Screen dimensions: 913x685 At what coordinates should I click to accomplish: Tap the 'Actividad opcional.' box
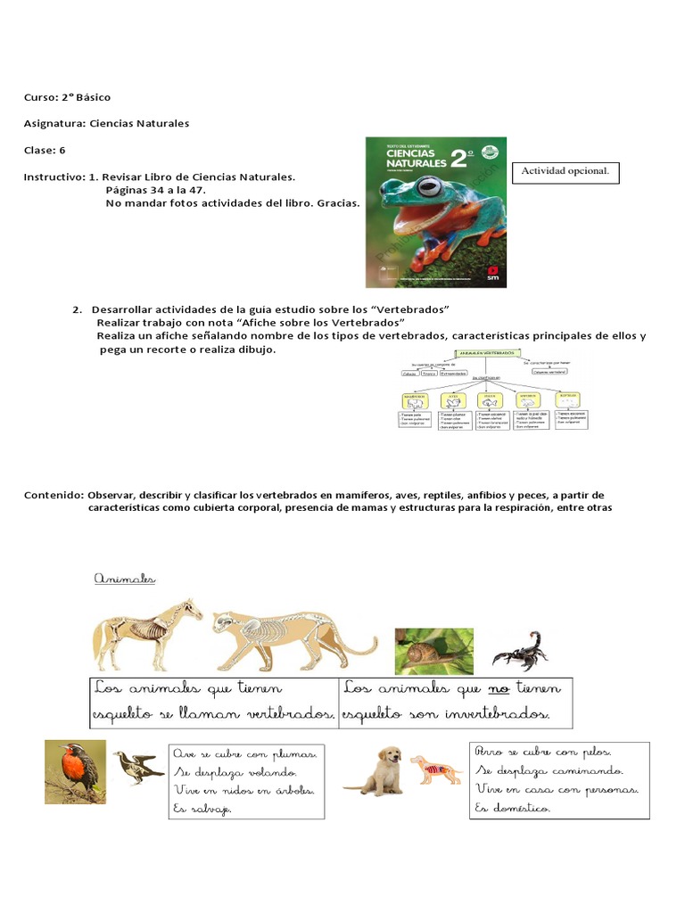click(x=565, y=173)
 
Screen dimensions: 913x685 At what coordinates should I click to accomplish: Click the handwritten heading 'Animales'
click(x=125, y=580)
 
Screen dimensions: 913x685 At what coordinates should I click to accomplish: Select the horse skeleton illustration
click(x=148, y=633)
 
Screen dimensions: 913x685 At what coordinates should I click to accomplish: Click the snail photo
click(x=433, y=651)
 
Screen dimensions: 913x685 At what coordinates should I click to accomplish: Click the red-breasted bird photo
click(x=76, y=771)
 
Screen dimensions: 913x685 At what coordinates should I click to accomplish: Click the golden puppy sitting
click(x=374, y=770)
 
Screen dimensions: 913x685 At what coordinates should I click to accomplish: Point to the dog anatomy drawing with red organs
click(x=435, y=769)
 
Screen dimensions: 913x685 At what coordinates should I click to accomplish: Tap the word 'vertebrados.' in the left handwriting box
click(x=286, y=715)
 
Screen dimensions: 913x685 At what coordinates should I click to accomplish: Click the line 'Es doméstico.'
click(x=514, y=808)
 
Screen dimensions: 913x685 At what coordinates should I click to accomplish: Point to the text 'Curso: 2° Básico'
click(x=67, y=97)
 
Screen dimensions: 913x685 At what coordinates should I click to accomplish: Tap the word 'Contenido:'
click(x=54, y=495)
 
